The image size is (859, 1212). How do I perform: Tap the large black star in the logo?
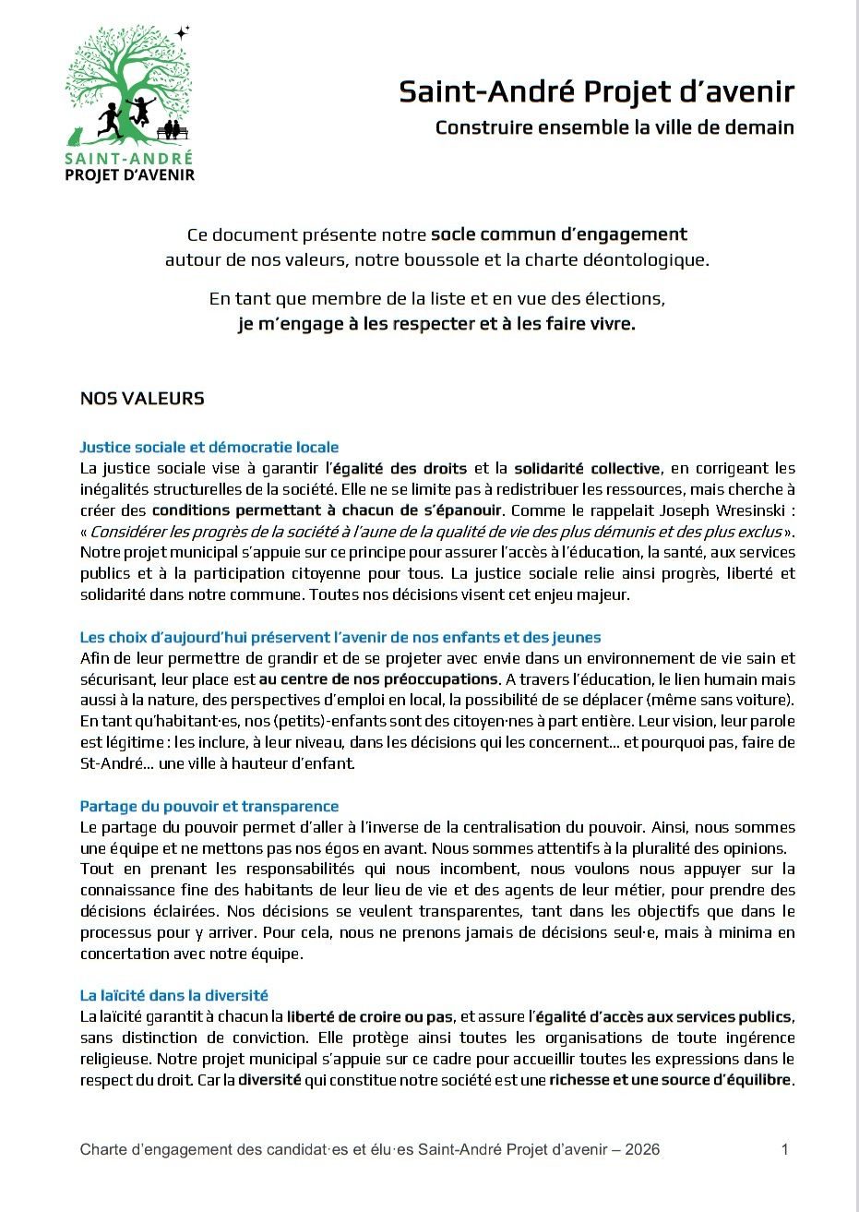click(182, 32)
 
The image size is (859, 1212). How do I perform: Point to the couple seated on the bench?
click(172, 129)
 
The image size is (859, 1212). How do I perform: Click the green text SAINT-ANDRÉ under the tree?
click(129, 158)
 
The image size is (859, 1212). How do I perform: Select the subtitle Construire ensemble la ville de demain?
click(614, 126)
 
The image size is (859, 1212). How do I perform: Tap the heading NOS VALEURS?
click(142, 399)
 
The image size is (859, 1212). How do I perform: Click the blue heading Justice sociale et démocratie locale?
click(209, 448)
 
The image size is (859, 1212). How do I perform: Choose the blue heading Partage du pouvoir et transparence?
click(209, 806)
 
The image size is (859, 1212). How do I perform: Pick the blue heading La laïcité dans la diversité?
click(174, 995)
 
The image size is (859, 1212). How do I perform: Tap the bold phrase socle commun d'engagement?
click(559, 234)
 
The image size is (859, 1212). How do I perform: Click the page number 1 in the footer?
click(784, 1149)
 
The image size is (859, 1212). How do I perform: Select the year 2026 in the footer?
click(642, 1149)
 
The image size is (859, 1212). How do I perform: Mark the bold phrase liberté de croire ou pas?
click(370, 1016)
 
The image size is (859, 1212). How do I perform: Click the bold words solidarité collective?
click(587, 469)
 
